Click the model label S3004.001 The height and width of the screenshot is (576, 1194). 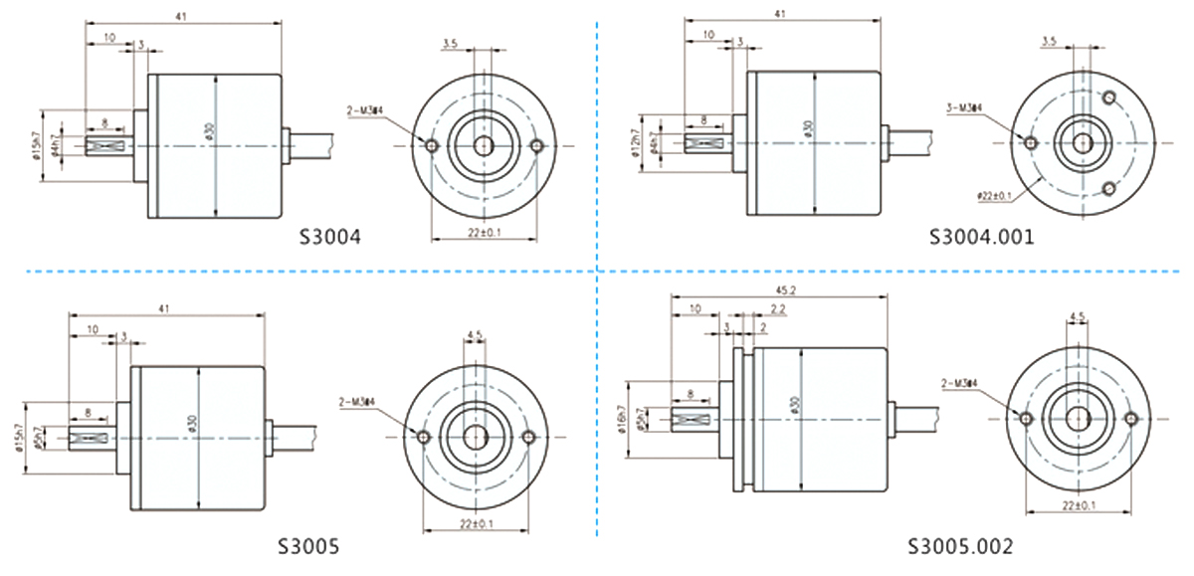(981, 237)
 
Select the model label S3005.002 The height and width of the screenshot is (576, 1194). (960, 546)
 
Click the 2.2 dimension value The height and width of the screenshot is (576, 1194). (778, 310)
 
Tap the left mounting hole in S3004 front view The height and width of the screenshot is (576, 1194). (431, 146)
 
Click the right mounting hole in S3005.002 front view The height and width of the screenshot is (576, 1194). (1129, 419)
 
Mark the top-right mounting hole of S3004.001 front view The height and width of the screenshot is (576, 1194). (1110, 96)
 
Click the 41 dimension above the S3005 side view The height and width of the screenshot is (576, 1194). (165, 309)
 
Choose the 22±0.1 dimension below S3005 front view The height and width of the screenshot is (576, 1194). (476, 523)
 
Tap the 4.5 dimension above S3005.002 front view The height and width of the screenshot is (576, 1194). (1077, 317)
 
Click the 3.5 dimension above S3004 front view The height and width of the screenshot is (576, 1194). (449, 43)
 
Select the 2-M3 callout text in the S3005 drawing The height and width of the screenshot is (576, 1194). (356, 400)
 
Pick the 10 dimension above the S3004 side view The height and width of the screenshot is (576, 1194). (108, 37)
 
